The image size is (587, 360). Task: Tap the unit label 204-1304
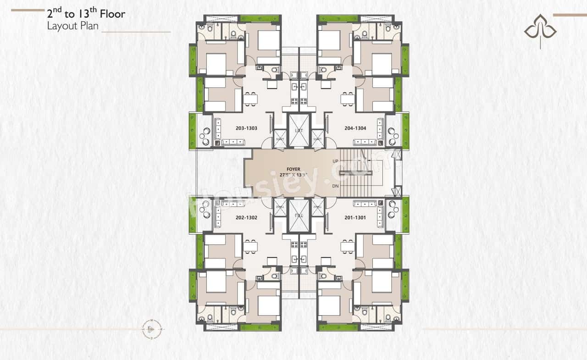pos(355,128)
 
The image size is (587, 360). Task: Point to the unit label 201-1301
pos(355,217)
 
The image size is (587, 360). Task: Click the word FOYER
pos(293,169)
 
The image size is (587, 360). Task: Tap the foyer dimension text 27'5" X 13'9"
pos(293,175)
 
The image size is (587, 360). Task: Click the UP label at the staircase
pos(336,161)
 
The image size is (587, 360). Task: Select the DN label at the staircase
pos(336,186)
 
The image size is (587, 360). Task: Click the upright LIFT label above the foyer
pos(299,131)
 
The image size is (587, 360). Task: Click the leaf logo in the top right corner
pos(540,30)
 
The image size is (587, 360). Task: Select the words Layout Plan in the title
pos(72,26)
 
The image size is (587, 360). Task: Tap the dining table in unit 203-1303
pos(250,99)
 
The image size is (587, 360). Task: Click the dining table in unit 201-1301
pos(347,247)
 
